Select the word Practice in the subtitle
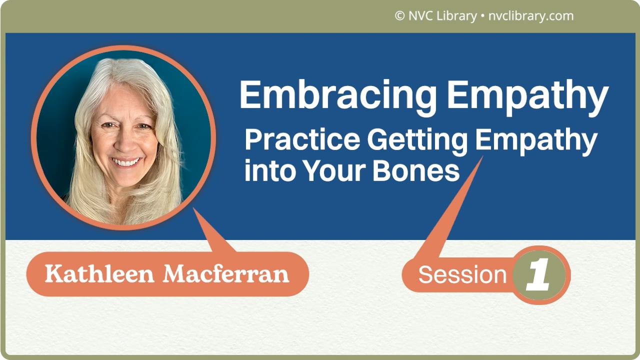pos(301,141)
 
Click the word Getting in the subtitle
pos(417,141)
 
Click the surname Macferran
pos(226,274)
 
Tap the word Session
pos(462,275)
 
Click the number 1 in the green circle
pos(539,275)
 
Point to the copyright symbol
pos(399,16)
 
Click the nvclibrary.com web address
pos(529,16)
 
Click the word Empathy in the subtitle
pos(536,141)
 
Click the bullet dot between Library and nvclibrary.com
pos(481,16)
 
